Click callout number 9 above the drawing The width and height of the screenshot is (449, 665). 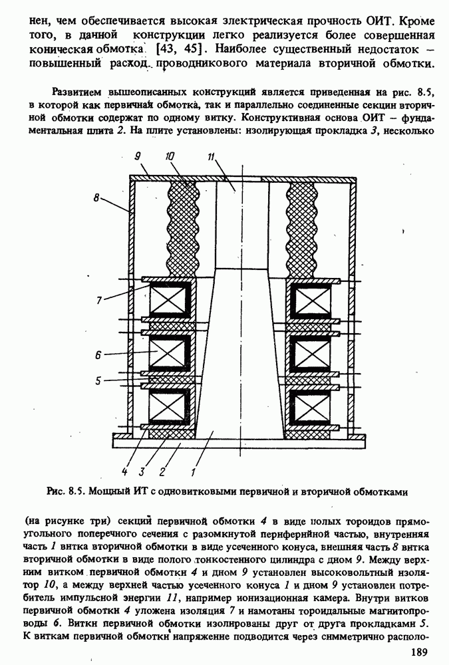(136, 157)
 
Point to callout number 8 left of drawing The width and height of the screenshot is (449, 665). (96, 198)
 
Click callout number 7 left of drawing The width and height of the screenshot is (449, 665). (99, 301)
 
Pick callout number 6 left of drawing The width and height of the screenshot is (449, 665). (98, 355)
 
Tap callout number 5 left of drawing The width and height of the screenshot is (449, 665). (98, 381)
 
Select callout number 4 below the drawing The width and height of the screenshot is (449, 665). (123, 473)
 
